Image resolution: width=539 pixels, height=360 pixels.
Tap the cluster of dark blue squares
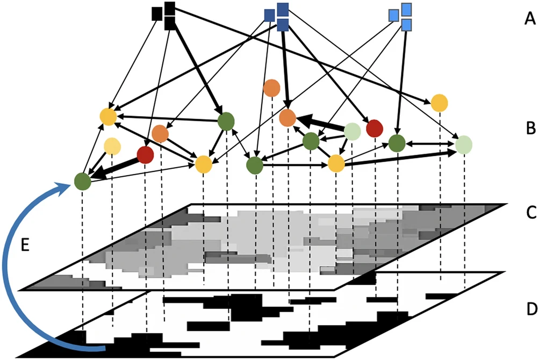point(278,17)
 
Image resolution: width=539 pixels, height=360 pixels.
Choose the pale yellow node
point(112,146)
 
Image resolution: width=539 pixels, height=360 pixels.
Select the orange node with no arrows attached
point(272,88)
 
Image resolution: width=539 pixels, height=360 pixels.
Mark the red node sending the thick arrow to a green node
point(145,155)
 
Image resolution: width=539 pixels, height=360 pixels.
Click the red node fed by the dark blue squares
point(374,128)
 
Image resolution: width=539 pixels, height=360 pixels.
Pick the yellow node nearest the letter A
point(440,102)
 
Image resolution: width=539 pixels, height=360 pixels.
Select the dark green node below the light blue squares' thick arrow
point(397,143)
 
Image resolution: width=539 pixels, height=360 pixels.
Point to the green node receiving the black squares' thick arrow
point(226,121)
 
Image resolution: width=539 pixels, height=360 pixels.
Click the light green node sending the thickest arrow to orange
point(352,130)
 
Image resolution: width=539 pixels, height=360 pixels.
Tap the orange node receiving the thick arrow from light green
point(288,117)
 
